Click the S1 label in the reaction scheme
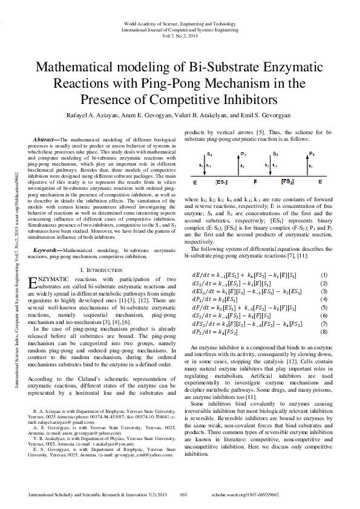point(209,155)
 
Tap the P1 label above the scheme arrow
point(243,155)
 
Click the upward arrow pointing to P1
point(242,167)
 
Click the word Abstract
point(47,140)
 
